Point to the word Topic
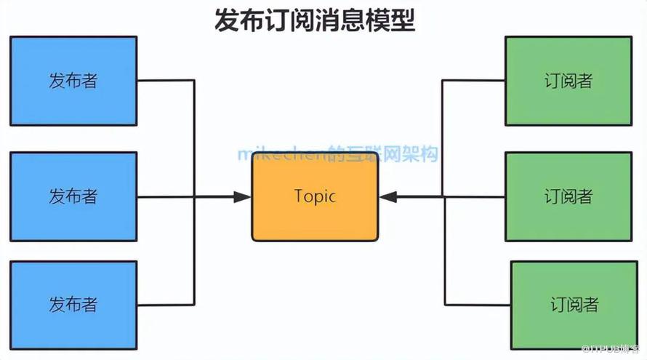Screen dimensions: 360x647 pos(315,196)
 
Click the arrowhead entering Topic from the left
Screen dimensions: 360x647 pos(243,196)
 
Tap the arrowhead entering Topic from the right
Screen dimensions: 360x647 pos(387,196)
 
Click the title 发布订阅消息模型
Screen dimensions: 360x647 pos(315,20)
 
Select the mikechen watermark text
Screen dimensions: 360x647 pos(338,153)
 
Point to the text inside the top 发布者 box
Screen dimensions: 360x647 pos(73,81)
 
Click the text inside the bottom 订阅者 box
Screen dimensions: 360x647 pos(574,304)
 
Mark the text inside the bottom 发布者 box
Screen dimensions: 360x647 pos(73,304)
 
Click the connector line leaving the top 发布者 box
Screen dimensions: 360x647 pos(166,81)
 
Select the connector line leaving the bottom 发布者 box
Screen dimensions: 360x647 pos(166,304)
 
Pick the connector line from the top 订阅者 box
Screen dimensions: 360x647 pos(473,81)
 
